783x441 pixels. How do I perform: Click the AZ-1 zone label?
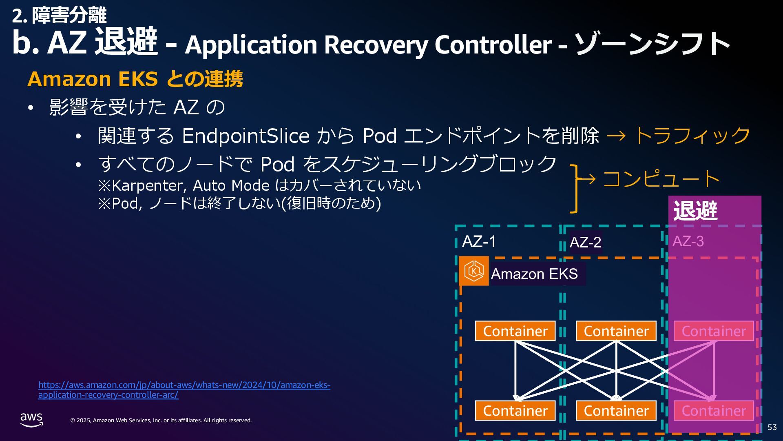479,241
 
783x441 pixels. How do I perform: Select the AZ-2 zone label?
585,242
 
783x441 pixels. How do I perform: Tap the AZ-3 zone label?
688,241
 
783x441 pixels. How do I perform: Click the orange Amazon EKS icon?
474,271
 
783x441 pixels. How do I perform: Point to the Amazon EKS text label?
534,274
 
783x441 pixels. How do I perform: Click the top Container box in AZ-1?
515,331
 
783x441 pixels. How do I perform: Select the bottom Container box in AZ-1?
515,411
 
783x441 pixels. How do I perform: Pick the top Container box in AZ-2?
616,331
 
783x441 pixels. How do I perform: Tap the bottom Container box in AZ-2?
616,411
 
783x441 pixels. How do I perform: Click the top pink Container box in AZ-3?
714,331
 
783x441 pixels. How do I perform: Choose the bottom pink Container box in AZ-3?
714,411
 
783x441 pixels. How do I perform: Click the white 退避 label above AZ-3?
695,211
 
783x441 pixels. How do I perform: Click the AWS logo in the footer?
31,419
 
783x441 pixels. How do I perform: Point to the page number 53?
772,427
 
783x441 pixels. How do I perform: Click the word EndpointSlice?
246,136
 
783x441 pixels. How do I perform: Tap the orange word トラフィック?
692,136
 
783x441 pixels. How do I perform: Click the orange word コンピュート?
661,179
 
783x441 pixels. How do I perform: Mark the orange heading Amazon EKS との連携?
135,79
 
